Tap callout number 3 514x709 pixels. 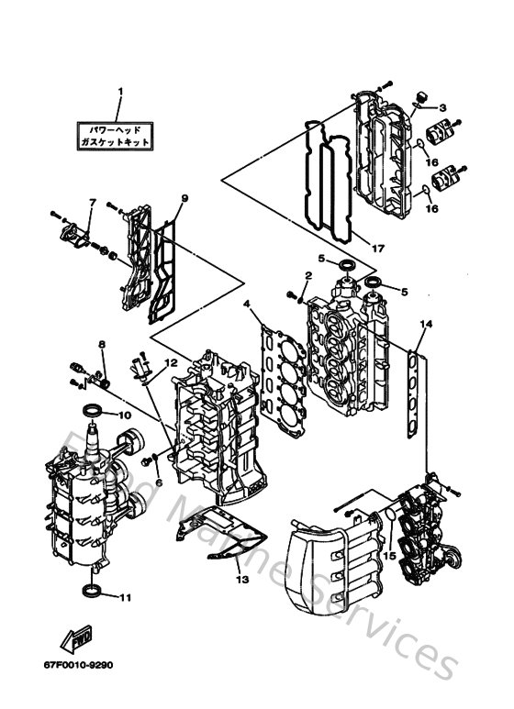[x=442, y=108]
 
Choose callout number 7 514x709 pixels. [x=93, y=202]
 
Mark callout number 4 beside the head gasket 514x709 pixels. [x=246, y=304]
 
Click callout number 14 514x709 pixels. [x=425, y=324]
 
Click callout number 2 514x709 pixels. [x=308, y=275]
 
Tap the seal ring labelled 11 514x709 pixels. [x=94, y=588]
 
